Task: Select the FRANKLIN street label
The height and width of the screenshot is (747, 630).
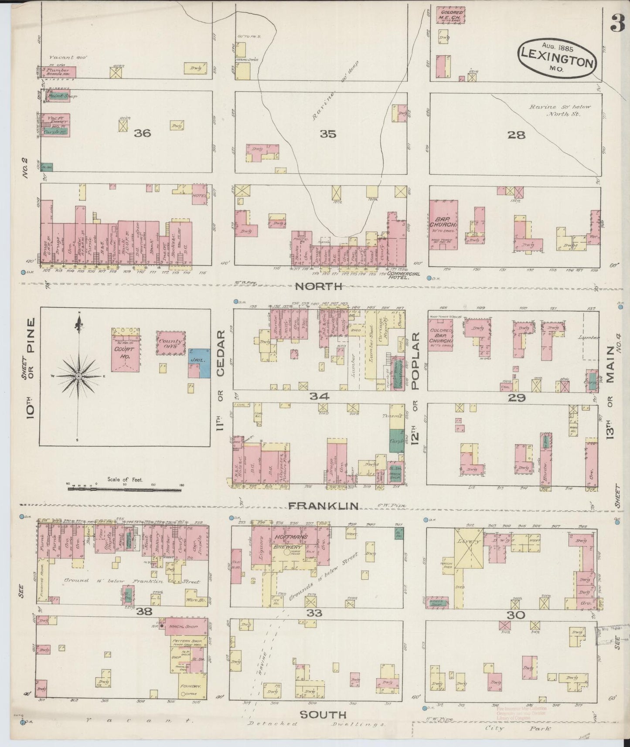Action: [x=324, y=506]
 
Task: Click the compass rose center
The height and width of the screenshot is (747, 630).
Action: [x=78, y=376]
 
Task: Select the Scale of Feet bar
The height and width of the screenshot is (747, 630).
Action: [x=124, y=490]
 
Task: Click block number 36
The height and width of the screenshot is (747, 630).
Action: [x=142, y=133]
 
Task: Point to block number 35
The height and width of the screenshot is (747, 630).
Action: [x=328, y=134]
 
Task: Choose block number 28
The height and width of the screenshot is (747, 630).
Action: [x=516, y=135]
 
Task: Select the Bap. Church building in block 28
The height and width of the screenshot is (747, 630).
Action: [x=443, y=224]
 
